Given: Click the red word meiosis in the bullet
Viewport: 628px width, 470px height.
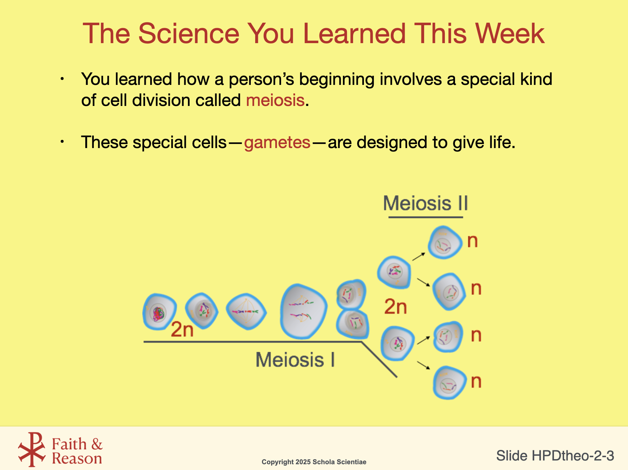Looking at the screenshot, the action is pyautogui.click(x=275, y=100).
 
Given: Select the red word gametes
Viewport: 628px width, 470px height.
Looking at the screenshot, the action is pyautogui.click(x=277, y=142).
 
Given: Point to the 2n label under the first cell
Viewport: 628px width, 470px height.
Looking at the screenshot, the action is pyautogui.click(x=182, y=329).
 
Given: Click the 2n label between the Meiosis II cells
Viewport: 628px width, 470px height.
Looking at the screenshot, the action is pyautogui.click(x=396, y=307).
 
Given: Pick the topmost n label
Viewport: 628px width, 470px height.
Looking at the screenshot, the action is pyautogui.click(x=473, y=241).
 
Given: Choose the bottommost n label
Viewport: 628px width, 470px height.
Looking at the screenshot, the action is pyautogui.click(x=476, y=381).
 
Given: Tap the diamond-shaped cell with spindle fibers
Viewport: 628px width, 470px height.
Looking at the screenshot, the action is pyautogui.click(x=246, y=311).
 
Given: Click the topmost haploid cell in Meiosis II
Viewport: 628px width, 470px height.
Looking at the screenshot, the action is pyautogui.click(x=444, y=242).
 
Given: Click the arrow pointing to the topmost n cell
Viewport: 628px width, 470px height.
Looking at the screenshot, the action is pyautogui.click(x=419, y=256).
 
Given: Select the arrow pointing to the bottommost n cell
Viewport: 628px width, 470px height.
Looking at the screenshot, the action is pyautogui.click(x=423, y=365).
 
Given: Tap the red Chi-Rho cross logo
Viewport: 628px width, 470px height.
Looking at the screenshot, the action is pyautogui.click(x=32, y=449).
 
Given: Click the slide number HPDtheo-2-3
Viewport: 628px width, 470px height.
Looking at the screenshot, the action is pyautogui.click(x=555, y=455).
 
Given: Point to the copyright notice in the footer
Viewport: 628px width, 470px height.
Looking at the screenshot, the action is pyautogui.click(x=314, y=462).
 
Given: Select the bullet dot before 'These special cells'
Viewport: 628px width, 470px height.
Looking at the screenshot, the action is pyautogui.click(x=62, y=142).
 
